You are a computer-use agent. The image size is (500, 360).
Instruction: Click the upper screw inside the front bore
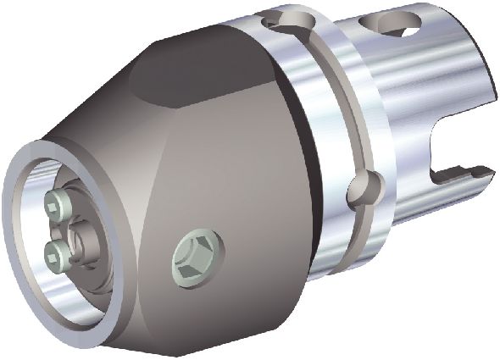point(55,203)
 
